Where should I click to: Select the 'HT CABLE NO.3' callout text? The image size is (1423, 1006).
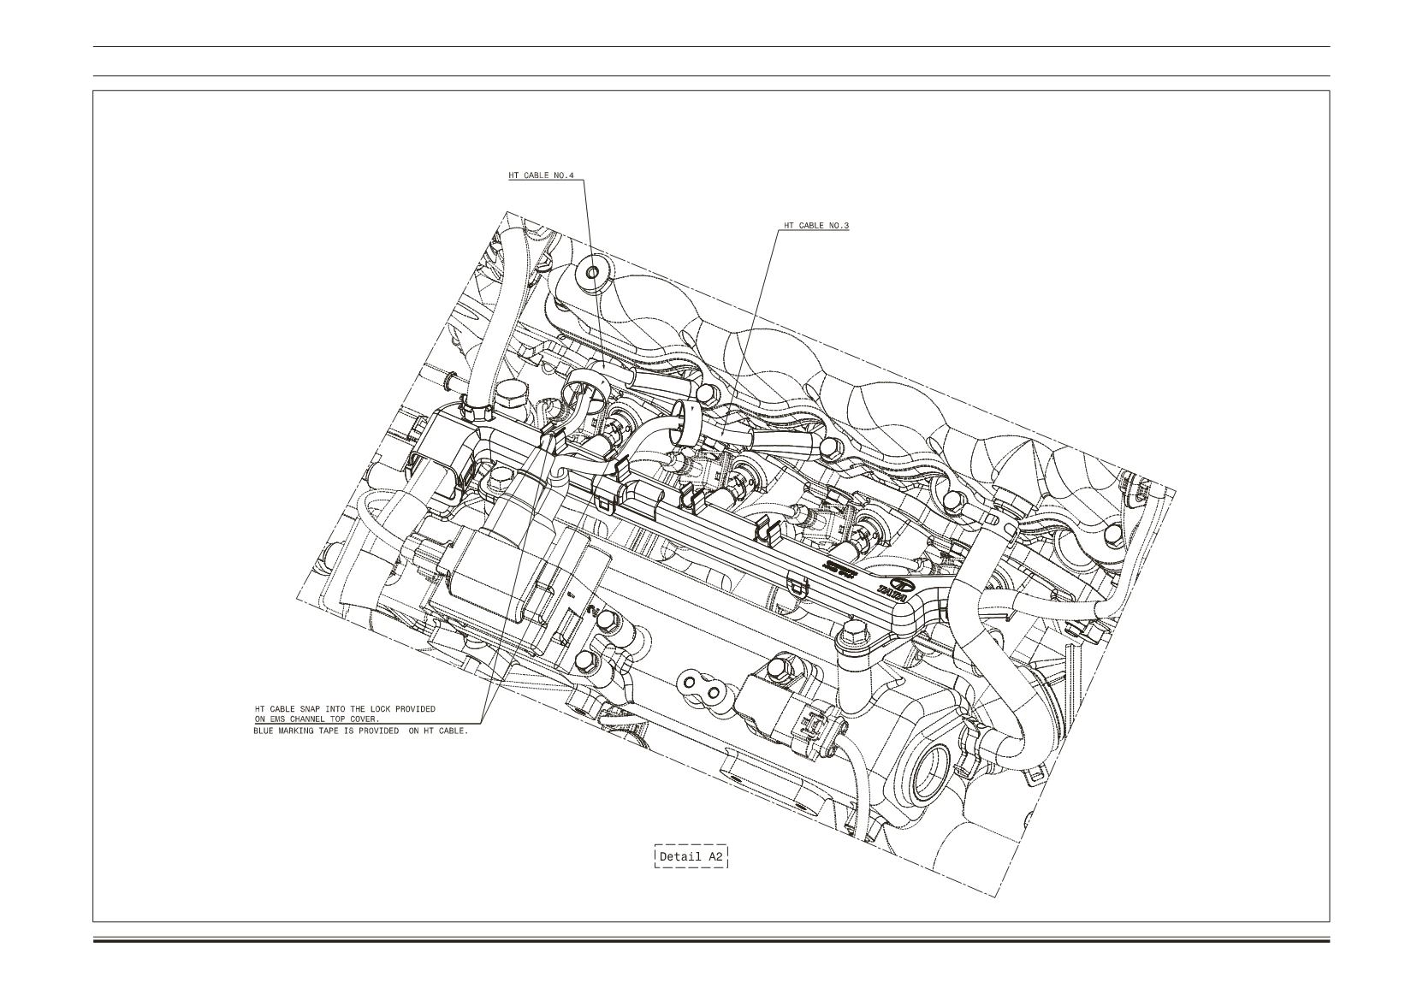[x=816, y=226]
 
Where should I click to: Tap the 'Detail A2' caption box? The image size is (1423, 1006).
[x=691, y=856]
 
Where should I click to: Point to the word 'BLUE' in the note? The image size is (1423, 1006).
[x=264, y=731]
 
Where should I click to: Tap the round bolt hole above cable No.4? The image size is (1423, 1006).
[x=593, y=274]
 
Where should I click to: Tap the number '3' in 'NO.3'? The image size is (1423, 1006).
[x=846, y=226]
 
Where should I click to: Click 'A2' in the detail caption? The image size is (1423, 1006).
[x=715, y=856]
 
